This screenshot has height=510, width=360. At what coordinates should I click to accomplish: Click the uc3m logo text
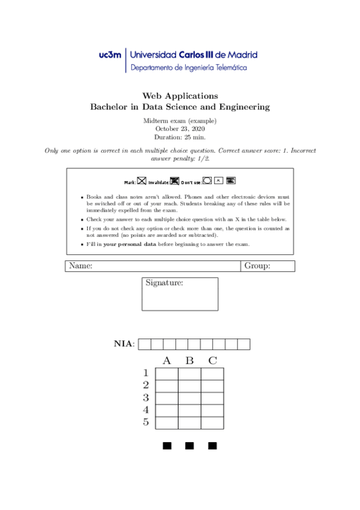tap(110, 55)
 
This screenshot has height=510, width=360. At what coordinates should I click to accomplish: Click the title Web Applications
tap(180, 96)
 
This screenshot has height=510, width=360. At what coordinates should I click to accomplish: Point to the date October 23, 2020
tap(180, 128)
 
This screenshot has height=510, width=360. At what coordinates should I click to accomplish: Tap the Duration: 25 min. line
tap(180, 137)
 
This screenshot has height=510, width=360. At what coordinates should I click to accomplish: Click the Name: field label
tap(81, 266)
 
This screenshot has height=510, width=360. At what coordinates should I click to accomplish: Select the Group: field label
tap(257, 266)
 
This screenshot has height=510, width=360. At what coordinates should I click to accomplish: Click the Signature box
tap(180, 294)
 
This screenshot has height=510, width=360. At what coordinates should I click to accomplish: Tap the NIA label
tap(124, 344)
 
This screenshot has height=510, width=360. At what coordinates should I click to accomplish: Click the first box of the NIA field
tap(144, 344)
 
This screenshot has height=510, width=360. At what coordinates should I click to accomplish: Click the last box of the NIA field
tap(243, 344)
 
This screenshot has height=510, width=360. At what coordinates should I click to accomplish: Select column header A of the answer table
tap(167, 361)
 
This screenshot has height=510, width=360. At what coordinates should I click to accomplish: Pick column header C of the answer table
tap(212, 361)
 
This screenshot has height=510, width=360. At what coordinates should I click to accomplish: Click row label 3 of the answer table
tap(145, 398)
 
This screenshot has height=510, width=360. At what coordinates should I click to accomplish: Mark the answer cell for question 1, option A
tap(167, 374)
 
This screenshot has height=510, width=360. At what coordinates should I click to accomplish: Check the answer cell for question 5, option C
tap(212, 423)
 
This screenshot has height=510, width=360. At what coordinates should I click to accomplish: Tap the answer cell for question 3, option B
tap(190, 398)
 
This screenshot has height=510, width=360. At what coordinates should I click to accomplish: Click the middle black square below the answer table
tap(190, 446)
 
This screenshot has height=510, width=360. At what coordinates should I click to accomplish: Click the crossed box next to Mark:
tap(142, 180)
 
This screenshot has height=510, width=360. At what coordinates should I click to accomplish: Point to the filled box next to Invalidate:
tap(175, 180)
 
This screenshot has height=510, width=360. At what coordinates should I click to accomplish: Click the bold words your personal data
tap(129, 244)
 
